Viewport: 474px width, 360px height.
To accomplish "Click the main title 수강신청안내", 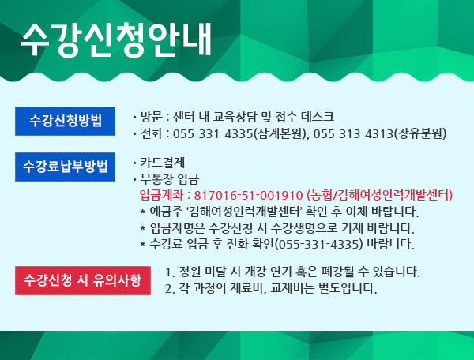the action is tap(116, 40).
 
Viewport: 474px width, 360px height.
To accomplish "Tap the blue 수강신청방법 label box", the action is tap(65, 121).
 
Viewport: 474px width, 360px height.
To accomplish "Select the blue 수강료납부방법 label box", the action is tap(65, 167).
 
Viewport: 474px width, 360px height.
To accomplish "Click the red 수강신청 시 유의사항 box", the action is tap(83, 280).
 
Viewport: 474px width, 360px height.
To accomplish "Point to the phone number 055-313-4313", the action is tap(354, 133).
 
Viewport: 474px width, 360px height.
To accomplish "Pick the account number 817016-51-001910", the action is tap(248, 196).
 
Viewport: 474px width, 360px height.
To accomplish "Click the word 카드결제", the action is tap(162, 163).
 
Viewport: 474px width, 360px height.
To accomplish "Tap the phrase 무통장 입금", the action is tap(169, 179).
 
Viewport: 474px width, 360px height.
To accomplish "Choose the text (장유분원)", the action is tap(420, 133).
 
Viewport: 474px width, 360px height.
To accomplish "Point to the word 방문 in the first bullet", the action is tap(151, 117).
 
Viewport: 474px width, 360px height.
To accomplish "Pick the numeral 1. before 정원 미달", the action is tap(170, 272).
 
